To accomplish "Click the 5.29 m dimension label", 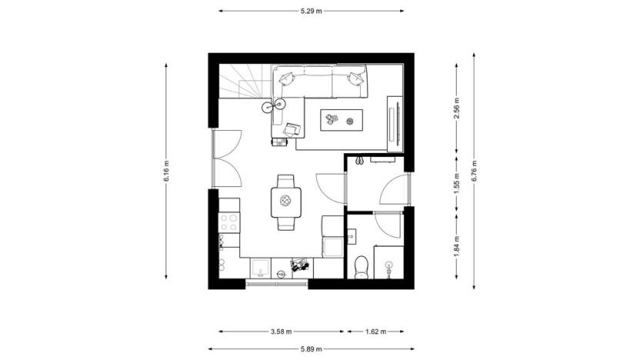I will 312,12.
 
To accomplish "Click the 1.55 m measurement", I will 457,185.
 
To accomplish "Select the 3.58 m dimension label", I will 281,332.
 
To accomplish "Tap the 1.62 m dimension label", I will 374,332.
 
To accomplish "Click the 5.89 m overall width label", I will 312,348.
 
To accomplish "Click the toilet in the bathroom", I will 359,266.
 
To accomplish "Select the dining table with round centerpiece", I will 285,202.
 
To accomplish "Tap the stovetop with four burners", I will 229,223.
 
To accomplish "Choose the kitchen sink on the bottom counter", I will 260,268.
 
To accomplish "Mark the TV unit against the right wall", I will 394,121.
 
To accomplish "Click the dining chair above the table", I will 285,182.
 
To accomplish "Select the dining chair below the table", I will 285,223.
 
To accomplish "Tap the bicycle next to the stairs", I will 273,105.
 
